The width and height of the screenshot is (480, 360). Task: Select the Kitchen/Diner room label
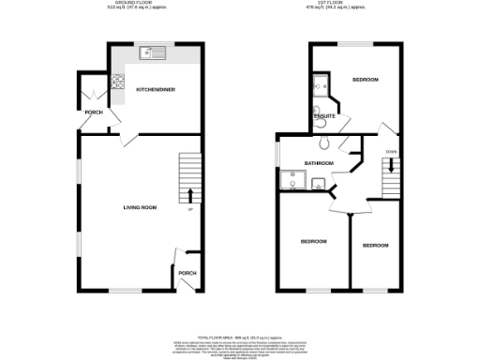point(156,90)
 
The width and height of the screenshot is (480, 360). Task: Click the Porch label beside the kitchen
point(94,112)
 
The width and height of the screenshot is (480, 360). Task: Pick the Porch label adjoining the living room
point(187,274)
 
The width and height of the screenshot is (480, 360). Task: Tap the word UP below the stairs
point(190,209)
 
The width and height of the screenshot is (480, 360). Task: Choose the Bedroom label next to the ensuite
point(365,81)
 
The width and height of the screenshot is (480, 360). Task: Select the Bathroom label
point(319,163)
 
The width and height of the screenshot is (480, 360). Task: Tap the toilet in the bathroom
point(324,143)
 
